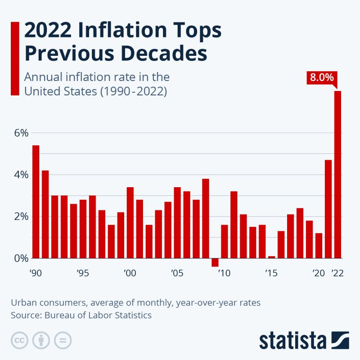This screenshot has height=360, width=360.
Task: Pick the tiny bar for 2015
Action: (271, 257)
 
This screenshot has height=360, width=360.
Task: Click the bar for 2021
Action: (328, 209)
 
